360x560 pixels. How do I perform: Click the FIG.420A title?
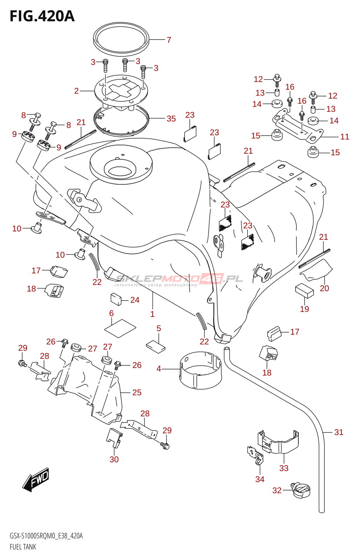(42, 16)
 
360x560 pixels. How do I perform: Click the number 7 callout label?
(169, 40)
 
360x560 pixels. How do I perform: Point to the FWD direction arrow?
(36, 479)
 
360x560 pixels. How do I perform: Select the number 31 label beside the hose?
(339, 432)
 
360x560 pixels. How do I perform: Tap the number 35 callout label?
(171, 119)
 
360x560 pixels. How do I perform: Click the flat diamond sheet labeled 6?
(120, 328)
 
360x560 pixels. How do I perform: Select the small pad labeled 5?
(155, 345)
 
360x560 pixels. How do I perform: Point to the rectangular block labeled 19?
(304, 290)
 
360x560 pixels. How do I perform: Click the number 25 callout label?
(137, 393)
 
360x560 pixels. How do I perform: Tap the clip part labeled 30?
(114, 438)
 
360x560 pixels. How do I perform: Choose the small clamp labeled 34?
(256, 456)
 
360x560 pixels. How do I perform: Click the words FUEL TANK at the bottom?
(23, 547)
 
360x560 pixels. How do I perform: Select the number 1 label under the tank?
(152, 314)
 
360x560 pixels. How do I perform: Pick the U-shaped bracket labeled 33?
(279, 443)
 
